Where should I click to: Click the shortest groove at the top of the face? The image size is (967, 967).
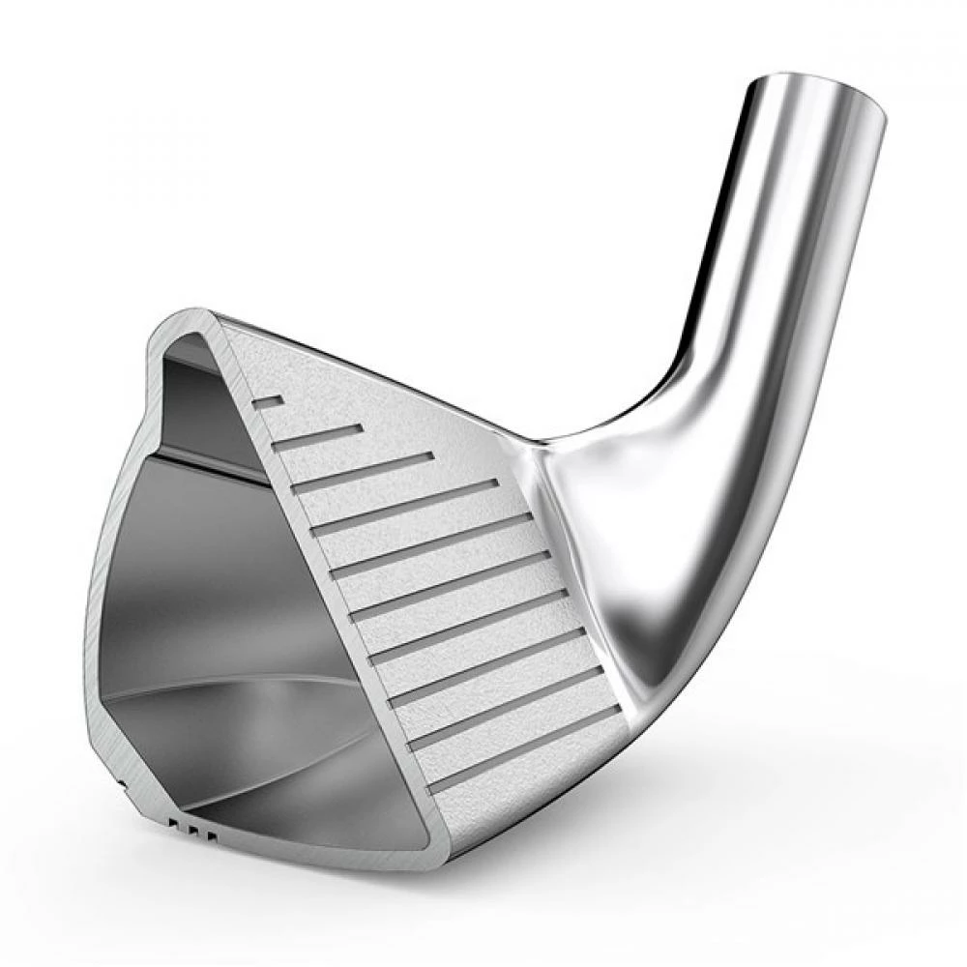268,401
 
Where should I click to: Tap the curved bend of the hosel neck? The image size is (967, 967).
677,387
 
